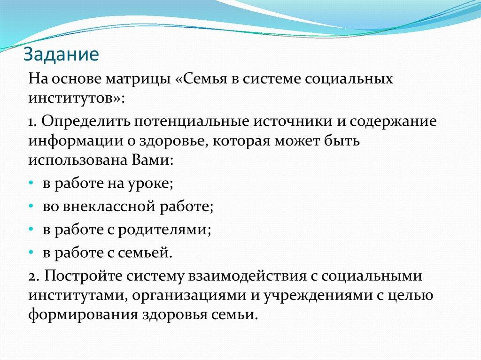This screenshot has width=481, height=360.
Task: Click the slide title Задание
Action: [x=61, y=54]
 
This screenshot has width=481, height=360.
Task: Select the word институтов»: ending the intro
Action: [x=77, y=98]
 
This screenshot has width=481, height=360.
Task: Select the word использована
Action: [x=75, y=161]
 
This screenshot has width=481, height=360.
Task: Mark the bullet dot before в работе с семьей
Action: [x=31, y=253]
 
